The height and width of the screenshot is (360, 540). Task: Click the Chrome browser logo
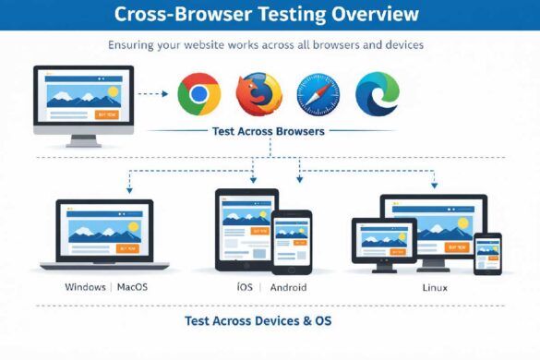click(x=199, y=93)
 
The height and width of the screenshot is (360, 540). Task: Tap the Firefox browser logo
click(x=258, y=93)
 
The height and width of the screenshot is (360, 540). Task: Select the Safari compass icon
click(x=318, y=94)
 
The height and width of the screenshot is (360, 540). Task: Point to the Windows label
click(x=85, y=287)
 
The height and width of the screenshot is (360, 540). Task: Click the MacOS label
click(x=133, y=287)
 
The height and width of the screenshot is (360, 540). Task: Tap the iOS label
click(x=245, y=287)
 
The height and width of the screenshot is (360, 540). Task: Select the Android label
click(x=288, y=287)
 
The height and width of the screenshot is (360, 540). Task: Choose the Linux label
click(x=434, y=287)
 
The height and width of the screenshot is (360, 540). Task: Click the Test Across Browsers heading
click(x=268, y=132)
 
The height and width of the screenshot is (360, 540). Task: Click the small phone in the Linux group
click(x=487, y=252)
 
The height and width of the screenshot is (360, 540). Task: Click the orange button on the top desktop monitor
click(x=107, y=114)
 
